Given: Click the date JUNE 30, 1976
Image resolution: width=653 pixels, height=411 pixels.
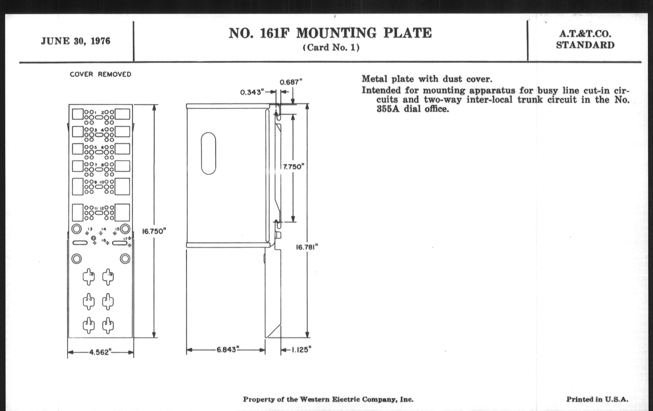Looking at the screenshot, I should pyautogui.click(x=76, y=41).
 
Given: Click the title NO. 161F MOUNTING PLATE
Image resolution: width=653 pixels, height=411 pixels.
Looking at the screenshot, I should pyautogui.click(x=330, y=33).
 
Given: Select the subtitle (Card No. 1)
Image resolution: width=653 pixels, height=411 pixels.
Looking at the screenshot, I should pyautogui.click(x=331, y=48).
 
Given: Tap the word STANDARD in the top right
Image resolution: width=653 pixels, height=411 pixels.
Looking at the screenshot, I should pyautogui.click(x=585, y=45).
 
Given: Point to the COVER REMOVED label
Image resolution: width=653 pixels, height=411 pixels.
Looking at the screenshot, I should pyautogui.click(x=100, y=74).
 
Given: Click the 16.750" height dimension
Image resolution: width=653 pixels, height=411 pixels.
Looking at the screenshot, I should pyautogui.click(x=154, y=231).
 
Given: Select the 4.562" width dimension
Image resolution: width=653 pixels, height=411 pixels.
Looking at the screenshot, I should pyautogui.click(x=100, y=352).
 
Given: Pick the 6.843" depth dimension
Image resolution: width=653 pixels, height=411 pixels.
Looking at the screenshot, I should pyautogui.click(x=226, y=350).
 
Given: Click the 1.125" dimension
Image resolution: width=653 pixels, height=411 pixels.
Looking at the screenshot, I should pyautogui.click(x=301, y=350).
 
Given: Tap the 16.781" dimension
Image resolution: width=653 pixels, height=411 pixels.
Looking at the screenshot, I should pyautogui.click(x=307, y=247).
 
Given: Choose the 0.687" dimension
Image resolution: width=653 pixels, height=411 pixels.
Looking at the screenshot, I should pyautogui.click(x=291, y=82).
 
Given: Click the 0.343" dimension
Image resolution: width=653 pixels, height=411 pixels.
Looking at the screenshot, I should pyautogui.click(x=252, y=92).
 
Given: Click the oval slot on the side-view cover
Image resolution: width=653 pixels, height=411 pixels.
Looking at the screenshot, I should pyautogui.click(x=209, y=153).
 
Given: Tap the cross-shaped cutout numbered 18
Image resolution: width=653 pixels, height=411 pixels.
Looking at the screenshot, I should pyautogui.click(x=89, y=277).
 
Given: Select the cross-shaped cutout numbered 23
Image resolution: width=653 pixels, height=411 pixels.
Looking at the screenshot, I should pyautogui.click(x=108, y=325).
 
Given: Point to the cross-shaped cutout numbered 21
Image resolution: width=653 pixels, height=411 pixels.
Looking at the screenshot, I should pyautogui.click(x=108, y=301).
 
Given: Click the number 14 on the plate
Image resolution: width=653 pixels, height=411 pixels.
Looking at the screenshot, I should pyautogui.click(x=103, y=229).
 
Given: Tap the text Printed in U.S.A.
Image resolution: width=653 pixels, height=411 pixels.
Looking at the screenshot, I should pyautogui.click(x=597, y=399).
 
